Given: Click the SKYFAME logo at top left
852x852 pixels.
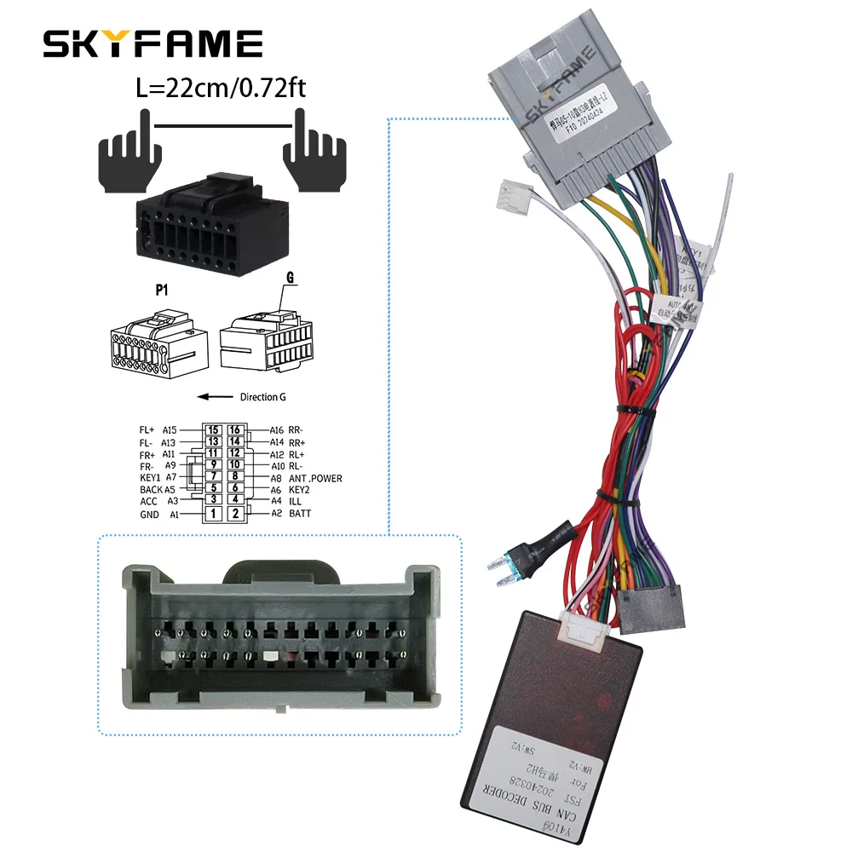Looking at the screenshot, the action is point(153,43).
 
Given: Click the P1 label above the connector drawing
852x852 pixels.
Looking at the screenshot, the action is point(161,291).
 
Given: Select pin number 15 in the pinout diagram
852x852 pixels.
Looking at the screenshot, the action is point(213,430).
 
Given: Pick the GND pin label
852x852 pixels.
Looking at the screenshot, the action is point(150,515).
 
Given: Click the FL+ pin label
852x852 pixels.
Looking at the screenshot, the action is point(147,430).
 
